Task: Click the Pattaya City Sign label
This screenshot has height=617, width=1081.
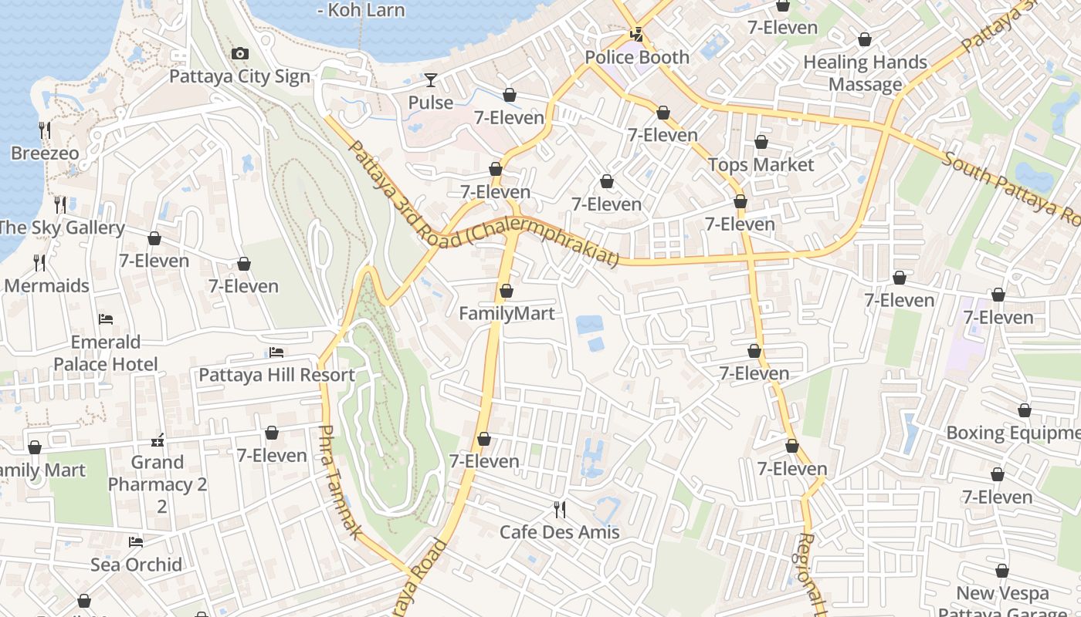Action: tap(239, 76)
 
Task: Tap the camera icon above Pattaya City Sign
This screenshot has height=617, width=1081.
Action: tap(240, 53)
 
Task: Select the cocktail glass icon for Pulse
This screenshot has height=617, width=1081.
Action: tap(430, 79)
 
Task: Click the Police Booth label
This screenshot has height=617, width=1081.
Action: tap(637, 57)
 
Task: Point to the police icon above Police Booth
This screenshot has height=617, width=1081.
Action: tap(637, 34)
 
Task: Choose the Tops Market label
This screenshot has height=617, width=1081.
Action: tap(761, 165)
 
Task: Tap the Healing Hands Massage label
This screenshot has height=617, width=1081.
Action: tap(865, 73)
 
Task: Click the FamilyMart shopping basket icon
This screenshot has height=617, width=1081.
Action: tap(506, 291)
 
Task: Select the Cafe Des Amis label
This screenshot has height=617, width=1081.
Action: tap(559, 532)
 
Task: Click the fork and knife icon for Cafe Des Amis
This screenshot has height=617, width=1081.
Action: tap(560, 509)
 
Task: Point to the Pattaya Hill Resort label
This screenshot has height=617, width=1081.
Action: tap(276, 376)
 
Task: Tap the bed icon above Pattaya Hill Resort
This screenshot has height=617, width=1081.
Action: tap(276, 352)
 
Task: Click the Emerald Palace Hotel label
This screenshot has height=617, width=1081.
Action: tap(106, 353)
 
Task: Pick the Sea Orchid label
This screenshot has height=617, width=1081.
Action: tap(136, 565)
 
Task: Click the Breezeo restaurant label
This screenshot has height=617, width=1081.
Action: tap(45, 153)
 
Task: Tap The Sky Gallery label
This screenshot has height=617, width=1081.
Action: tap(62, 228)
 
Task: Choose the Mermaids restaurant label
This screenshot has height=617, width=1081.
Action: tap(46, 285)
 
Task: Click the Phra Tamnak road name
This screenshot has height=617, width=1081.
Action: tap(339, 482)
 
